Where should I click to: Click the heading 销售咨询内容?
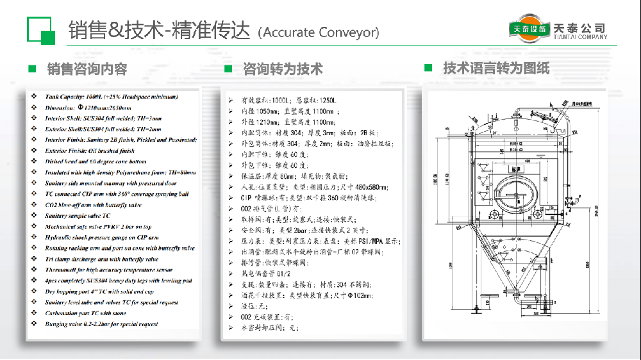click(87, 69)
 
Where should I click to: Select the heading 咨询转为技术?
click(283, 69)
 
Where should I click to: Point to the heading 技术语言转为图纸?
click(496, 67)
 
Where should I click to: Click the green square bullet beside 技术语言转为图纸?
click(428, 67)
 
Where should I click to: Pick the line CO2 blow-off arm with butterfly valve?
click(93, 205)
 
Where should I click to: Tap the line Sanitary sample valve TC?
click(78, 216)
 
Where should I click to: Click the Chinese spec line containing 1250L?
click(288, 101)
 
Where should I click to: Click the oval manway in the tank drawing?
click(515, 192)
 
